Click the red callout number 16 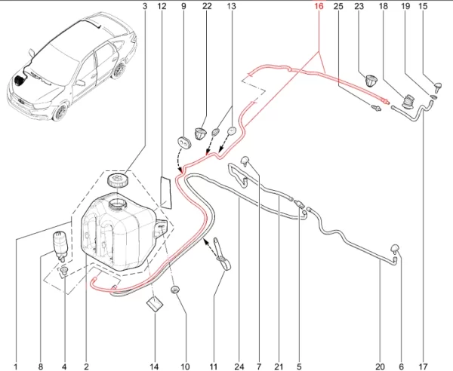[x=319, y=6]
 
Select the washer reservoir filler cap [x=118, y=180]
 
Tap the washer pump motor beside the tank [x=60, y=245]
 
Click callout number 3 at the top [x=145, y=6]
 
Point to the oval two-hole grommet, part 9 [x=184, y=141]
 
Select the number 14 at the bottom [x=154, y=366]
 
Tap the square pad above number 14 [x=155, y=305]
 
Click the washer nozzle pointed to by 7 [x=245, y=161]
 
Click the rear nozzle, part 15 [x=438, y=86]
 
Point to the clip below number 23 [x=371, y=80]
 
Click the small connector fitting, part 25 [x=375, y=108]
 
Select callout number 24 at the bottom [x=239, y=366]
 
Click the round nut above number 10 [x=175, y=290]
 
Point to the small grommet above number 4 [x=64, y=270]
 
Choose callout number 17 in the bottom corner [x=423, y=366]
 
